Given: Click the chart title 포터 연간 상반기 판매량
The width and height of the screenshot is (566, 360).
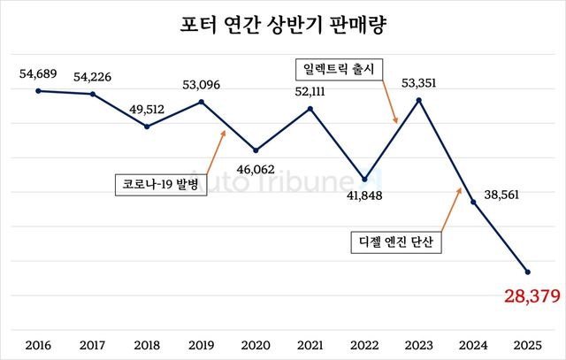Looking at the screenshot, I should coord(282,27).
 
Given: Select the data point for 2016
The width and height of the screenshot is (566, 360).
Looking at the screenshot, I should coord(38,90).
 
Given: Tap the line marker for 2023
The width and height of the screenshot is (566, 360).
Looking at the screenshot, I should coord(419,100).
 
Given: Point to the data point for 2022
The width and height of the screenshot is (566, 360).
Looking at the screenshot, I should coord(364,178).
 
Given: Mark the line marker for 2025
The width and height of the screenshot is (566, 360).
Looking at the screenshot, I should coord(528,272).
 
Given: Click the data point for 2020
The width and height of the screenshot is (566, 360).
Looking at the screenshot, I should coord(256,150).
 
